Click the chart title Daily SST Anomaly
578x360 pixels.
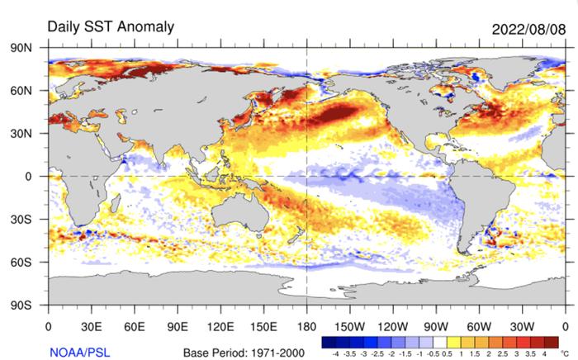click(111, 26)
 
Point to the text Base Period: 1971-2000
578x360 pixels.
click(244, 353)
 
